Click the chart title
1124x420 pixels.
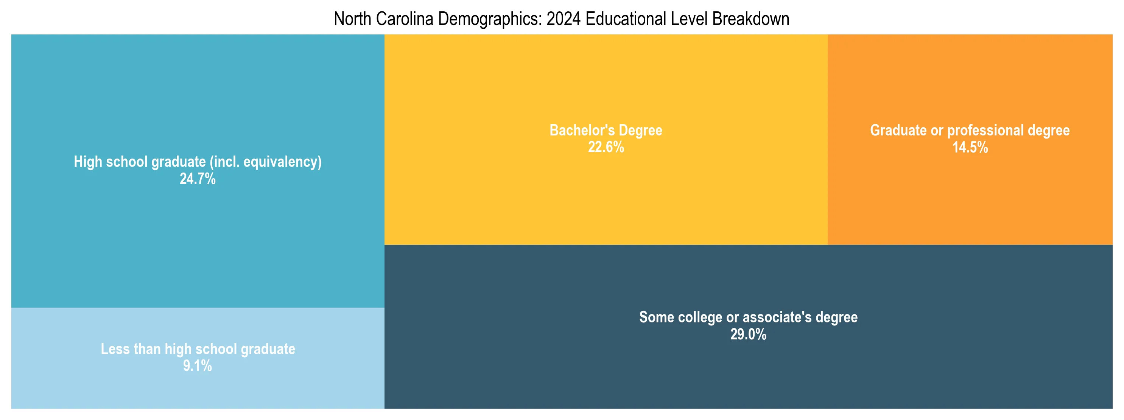coord(561,19)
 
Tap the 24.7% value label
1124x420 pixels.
coord(198,179)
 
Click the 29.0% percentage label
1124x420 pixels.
coord(748,334)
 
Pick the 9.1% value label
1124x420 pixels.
coord(197,366)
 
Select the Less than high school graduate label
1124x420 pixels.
coord(198,349)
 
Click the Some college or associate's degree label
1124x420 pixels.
coord(748,317)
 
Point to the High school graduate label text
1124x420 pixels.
coord(140,162)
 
